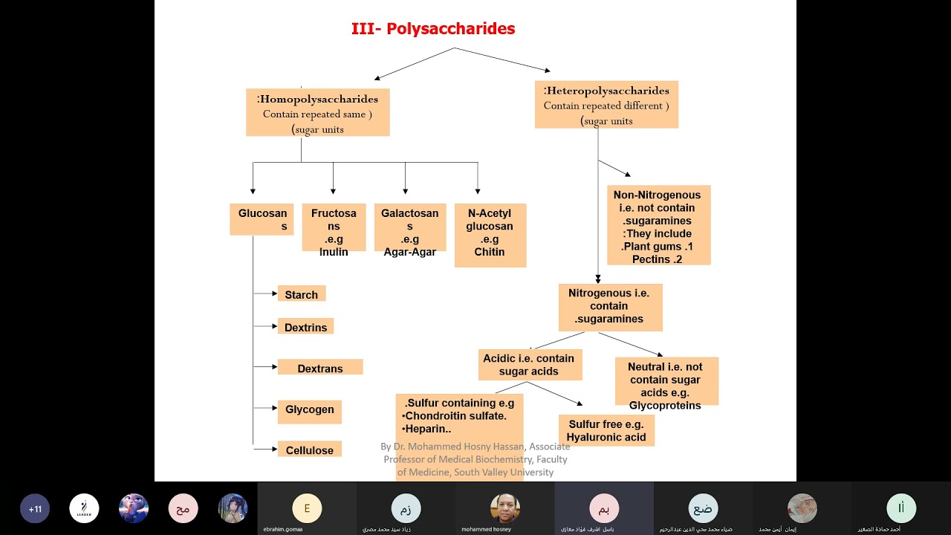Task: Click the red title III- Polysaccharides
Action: tap(432, 29)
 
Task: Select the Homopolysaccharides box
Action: tap(317, 113)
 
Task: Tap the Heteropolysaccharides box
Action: tap(606, 105)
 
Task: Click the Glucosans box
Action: tap(262, 220)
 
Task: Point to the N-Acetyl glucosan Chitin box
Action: tap(490, 235)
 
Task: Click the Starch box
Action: tap(301, 294)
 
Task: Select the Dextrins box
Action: tap(305, 327)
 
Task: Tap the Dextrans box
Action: tap(319, 368)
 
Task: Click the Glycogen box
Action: tap(309, 410)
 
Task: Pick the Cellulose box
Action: tap(309, 450)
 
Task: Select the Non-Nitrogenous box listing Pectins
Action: tap(658, 225)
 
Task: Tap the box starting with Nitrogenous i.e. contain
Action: tap(609, 306)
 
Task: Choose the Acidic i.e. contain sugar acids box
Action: tap(529, 365)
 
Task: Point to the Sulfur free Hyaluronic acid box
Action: tap(606, 431)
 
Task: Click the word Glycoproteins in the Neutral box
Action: tap(665, 405)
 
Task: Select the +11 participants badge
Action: tap(35, 509)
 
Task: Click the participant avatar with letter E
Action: tap(307, 508)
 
